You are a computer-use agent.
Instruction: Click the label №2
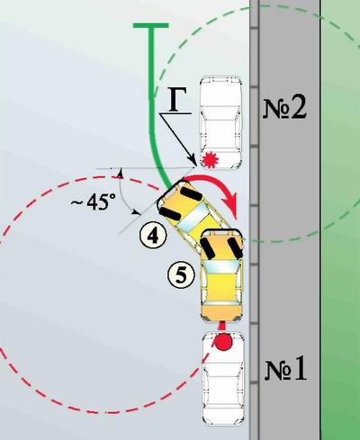[x=284, y=108]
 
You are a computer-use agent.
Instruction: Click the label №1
[x=285, y=370]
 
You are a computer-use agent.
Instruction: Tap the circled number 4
[x=153, y=236]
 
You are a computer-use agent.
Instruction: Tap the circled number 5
[x=181, y=274]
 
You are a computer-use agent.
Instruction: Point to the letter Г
[x=176, y=100]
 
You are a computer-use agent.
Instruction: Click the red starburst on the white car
[x=210, y=159]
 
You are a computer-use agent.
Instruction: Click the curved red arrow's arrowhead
[x=232, y=206]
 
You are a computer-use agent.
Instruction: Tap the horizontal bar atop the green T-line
[x=151, y=25]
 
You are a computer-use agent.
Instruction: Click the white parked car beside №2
[x=221, y=123]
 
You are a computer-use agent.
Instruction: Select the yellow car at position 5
[x=221, y=275]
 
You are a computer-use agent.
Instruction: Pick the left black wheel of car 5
[x=208, y=247]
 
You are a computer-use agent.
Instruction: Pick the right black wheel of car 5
[x=236, y=247]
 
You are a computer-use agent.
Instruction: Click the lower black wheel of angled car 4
[x=169, y=213]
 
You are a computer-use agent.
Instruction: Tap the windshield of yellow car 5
[x=221, y=266]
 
